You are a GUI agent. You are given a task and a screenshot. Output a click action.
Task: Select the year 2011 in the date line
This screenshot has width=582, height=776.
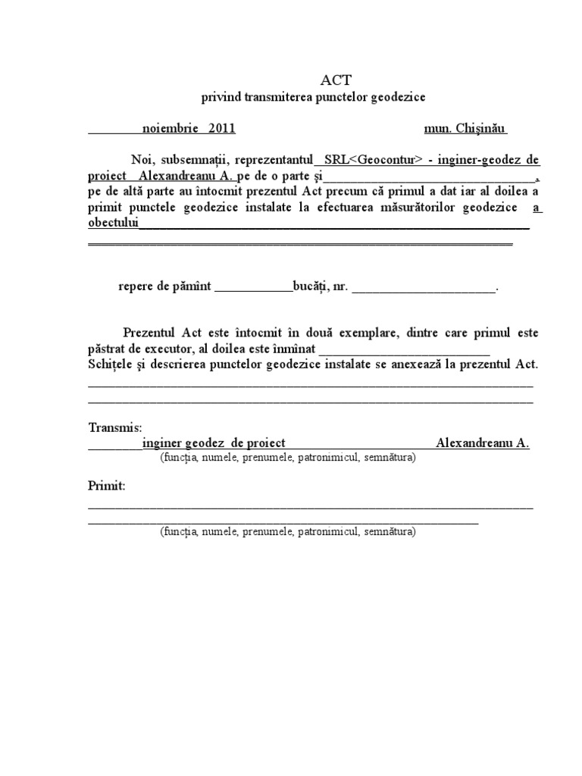click(221, 128)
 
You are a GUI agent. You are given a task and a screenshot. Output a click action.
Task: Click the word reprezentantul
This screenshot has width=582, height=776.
click(276, 160)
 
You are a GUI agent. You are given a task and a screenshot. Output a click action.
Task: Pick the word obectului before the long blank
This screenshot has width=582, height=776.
click(114, 224)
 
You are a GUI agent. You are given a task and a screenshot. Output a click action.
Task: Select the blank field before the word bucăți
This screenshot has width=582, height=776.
click(253, 288)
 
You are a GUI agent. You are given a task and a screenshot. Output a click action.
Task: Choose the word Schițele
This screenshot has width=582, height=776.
click(112, 364)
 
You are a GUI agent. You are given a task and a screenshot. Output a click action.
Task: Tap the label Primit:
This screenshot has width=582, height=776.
click(107, 485)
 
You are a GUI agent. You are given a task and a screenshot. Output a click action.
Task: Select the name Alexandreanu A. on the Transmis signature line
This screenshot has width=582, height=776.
click(483, 443)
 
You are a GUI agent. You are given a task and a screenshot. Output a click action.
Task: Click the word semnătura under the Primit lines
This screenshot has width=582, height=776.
click(389, 532)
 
